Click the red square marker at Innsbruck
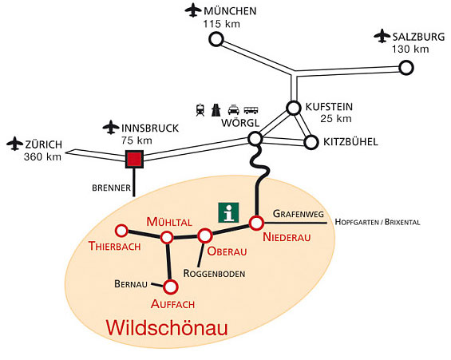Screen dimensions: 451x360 pos(134,159)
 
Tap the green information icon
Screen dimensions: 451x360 pos(228,212)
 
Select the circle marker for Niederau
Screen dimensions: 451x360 pos(256,223)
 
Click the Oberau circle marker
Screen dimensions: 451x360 pos(205,235)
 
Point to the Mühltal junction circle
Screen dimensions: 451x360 pos(167,238)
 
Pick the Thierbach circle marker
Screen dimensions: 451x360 pos(121,231)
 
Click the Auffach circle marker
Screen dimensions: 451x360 pos(171,287)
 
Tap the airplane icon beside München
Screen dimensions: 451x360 pos(193,10)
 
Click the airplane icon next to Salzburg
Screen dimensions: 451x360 pos(382,36)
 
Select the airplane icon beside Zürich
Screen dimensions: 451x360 pos(14,144)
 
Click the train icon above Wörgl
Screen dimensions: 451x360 pos(200,110)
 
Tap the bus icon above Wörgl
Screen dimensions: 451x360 pos(251,110)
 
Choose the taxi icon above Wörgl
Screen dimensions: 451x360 pos(234,110)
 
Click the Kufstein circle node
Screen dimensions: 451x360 pos(294,108)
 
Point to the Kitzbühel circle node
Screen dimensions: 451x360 pos(311,142)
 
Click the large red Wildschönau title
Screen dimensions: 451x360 pos(167,327)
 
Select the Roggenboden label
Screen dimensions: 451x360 pos(214,274)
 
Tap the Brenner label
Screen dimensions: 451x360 pos(111,188)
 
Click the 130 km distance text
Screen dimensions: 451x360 pos(410,49)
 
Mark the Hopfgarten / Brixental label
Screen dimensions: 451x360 pos(378,222)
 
